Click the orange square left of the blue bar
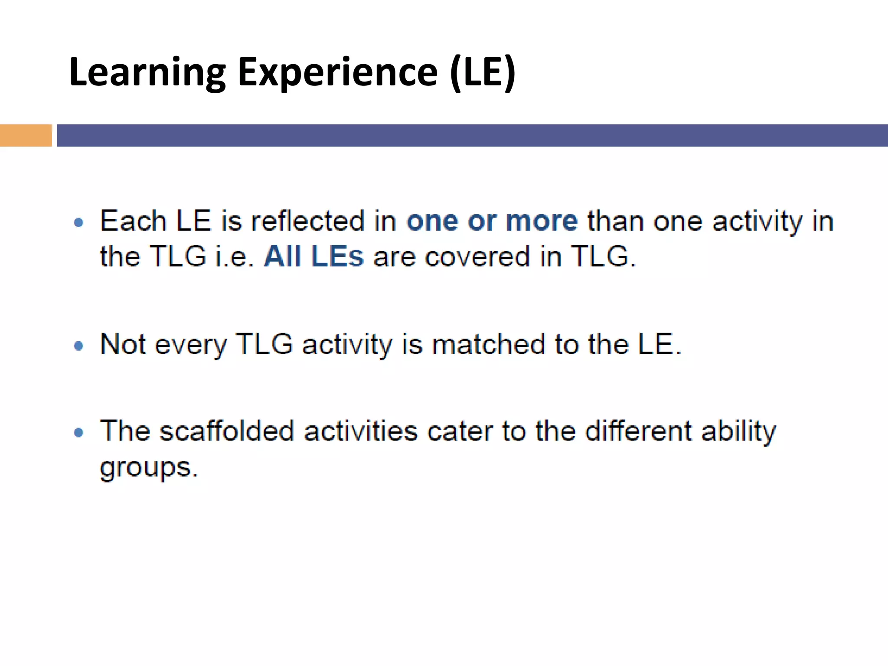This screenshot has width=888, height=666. [26, 135]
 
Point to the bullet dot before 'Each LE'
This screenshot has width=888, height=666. [78, 223]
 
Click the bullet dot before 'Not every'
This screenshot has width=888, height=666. [78, 346]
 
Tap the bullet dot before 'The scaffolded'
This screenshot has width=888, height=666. [78, 432]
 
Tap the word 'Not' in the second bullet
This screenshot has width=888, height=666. [123, 344]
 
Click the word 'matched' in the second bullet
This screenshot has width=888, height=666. [488, 344]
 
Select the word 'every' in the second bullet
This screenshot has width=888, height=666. [190, 345]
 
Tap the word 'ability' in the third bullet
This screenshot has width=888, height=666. [739, 432]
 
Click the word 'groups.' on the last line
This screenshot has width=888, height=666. [149, 468]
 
